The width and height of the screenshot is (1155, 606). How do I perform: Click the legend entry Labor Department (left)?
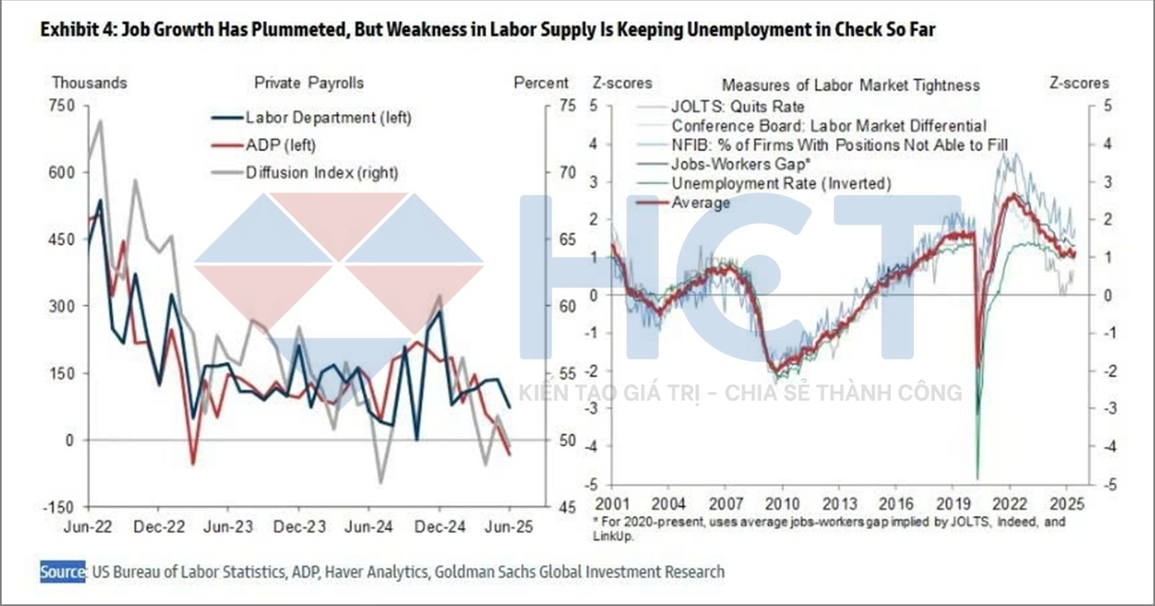pyautogui.click(x=328, y=118)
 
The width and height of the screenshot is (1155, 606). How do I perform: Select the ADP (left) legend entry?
pyautogui.click(x=280, y=145)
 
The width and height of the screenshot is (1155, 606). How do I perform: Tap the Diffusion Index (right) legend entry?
pyautogui.click(x=321, y=172)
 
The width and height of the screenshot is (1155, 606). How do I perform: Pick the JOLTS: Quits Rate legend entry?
pyautogui.click(x=737, y=107)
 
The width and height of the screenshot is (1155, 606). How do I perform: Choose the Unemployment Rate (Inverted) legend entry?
pyautogui.click(x=781, y=183)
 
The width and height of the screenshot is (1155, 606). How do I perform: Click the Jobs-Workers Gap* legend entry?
pyautogui.click(x=741, y=164)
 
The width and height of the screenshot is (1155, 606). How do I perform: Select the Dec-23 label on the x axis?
pyautogui.click(x=299, y=527)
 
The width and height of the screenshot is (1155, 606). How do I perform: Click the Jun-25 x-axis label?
pyautogui.click(x=509, y=527)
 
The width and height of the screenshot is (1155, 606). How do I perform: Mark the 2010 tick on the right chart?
pyautogui.click(x=783, y=503)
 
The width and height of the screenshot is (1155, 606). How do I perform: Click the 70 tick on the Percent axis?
pyautogui.click(x=567, y=172)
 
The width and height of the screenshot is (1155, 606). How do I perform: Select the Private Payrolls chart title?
pyautogui.click(x=309, y=83)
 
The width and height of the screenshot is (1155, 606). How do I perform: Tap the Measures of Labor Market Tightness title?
pyautogui.click(x=850, y=85)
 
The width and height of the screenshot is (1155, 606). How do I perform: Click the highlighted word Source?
pyautogui.click(x=62, y=572)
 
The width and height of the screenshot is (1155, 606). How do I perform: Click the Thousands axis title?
pyautogui.click(x=89, y=83)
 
